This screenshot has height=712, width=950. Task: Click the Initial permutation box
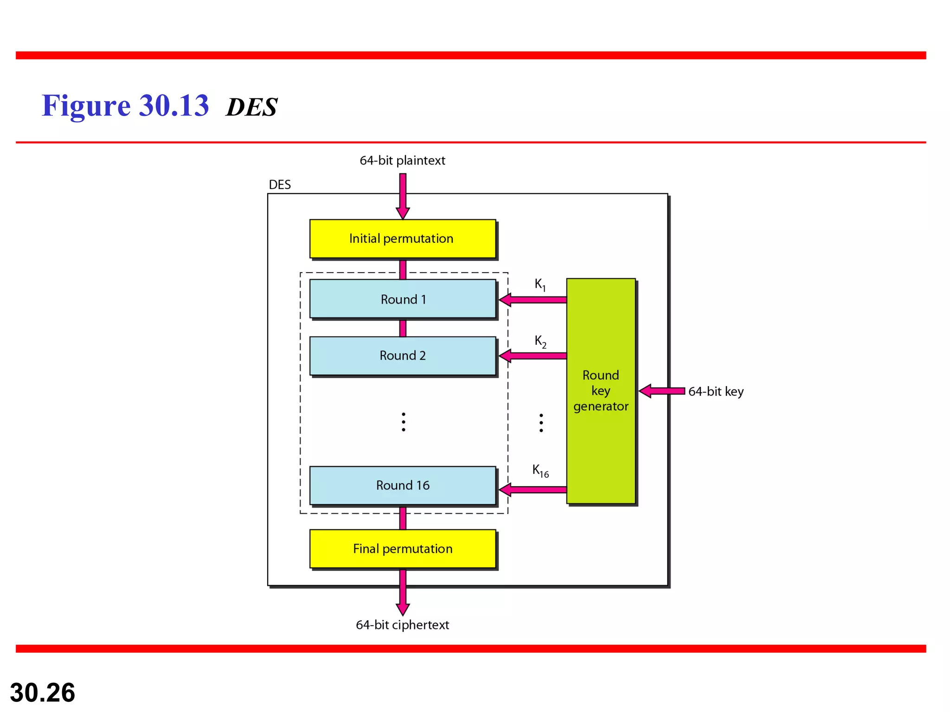click(402, 239)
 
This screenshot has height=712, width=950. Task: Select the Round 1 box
click(402, 299)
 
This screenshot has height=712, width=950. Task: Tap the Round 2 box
click(402, 356)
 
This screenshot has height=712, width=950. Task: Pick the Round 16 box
click(402, 485)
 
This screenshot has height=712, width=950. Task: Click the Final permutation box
click(402, 549)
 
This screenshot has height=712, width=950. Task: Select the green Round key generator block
click(601, 391)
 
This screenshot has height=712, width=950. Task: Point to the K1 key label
click(540, 284)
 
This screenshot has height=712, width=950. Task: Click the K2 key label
click(540, 342)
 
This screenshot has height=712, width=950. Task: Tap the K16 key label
click(540, 471)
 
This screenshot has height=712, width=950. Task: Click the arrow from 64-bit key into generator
click(662, 391)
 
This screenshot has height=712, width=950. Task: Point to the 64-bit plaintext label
click(402, 160)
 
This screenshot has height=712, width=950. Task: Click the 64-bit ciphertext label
click(402, 625)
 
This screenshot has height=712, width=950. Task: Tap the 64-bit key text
click(716, 392)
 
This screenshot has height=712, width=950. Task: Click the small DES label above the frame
click(280, 184)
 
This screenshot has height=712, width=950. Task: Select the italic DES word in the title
click(251, 107)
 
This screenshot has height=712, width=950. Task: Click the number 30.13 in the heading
click(174, 106)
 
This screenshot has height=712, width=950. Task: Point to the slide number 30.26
click(42, 693)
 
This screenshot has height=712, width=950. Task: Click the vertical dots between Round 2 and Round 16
click(404, 422)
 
